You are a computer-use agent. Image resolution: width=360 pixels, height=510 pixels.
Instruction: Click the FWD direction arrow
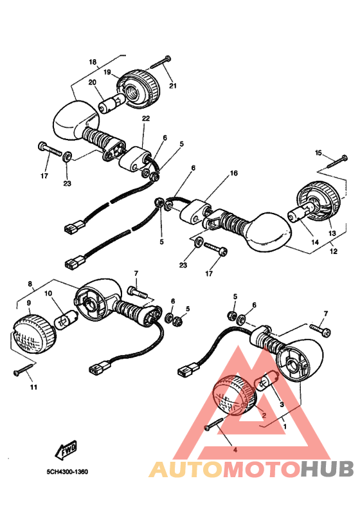[66, 450]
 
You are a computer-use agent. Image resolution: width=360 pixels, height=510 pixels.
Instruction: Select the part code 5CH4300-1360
[67, 471]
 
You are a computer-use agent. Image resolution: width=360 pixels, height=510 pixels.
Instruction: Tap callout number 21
[173, 86]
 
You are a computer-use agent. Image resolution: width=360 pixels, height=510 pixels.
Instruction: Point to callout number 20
[93, 82]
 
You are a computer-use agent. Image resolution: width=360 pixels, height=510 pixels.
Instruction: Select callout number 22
[146, 118]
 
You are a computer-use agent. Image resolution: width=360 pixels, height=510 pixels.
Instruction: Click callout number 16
[234, 173]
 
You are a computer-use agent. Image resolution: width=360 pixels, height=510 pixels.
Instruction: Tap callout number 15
[318, 152]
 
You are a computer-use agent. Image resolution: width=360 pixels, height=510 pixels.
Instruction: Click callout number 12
[334, 251]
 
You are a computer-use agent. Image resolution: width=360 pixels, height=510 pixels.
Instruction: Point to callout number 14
[315, 242]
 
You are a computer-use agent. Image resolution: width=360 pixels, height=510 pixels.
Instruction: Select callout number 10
[48, 293]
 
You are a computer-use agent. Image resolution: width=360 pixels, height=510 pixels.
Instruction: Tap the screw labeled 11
[24, 369]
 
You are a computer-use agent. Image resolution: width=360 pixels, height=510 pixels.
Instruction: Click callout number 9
[29, 303]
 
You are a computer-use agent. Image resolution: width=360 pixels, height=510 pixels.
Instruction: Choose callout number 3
[282, 405]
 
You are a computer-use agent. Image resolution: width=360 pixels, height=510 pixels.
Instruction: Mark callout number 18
[93, 62]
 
